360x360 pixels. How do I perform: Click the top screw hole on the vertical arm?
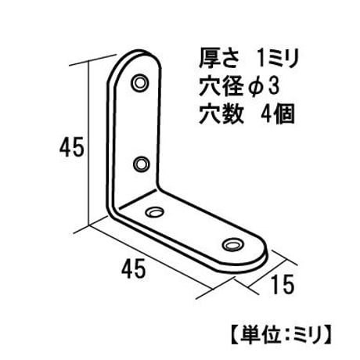pyautogui.click(x=140, y=83)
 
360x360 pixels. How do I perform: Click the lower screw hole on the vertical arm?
pyautogui.click(x=141, y=164)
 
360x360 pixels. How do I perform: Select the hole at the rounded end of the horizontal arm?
pyautogui.click(x=232, y=245)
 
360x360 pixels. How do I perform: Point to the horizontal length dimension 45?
pyautogui.click(x=133, y=268)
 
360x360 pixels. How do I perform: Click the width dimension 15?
pyautogui.click(x=283, y=285)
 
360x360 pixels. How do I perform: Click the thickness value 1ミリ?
pyautogui.click(x=277, y=59)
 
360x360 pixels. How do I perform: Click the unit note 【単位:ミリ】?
pyautogui.click(x=281, y=334)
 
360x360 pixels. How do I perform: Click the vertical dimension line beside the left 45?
pyautogui.click(x=89, y=142)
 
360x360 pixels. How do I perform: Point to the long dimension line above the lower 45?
pyautogui.click(x=150, y=258)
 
